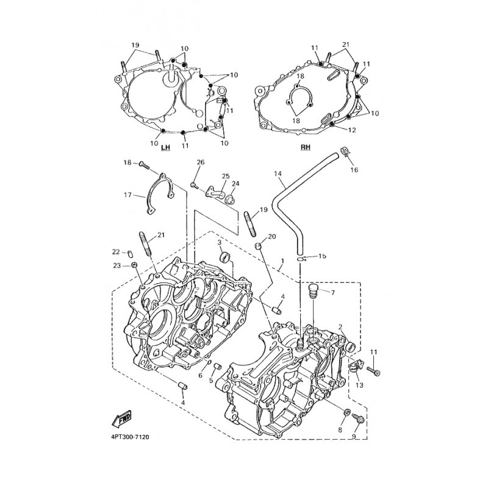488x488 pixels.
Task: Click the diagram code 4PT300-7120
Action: point(130,437)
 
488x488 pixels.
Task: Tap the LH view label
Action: point(165,146)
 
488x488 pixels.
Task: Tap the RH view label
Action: point(306,146)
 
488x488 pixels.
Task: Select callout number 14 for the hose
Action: point(278,173)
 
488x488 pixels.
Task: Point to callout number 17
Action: point(127,195)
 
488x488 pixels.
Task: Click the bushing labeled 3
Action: point(225,258)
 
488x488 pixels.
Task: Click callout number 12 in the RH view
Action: point(352,130)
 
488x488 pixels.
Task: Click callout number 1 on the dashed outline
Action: point(282,260)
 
